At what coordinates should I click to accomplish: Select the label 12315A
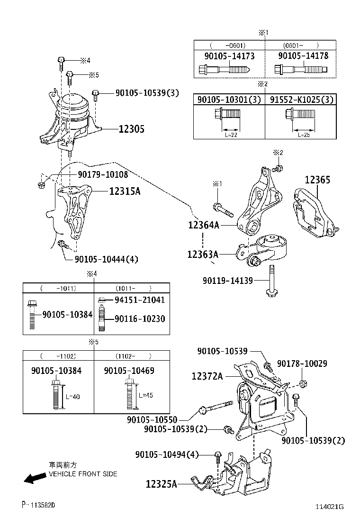(x=125, y=191)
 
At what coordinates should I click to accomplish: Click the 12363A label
(x=203, y=254)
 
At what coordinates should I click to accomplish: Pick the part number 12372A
(x=207, y=376)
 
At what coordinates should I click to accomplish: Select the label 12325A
(x=162, y=484)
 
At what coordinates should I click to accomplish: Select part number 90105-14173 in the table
(x=229, y=56)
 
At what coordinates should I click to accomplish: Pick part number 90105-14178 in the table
(x=303, y=56)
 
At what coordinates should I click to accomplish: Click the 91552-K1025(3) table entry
(x=302, y=100)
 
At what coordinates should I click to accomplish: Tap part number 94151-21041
(x=140, y=300)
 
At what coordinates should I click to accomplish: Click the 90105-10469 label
(x=129, y=371)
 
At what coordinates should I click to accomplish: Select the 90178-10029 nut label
(x=302, y=363)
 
